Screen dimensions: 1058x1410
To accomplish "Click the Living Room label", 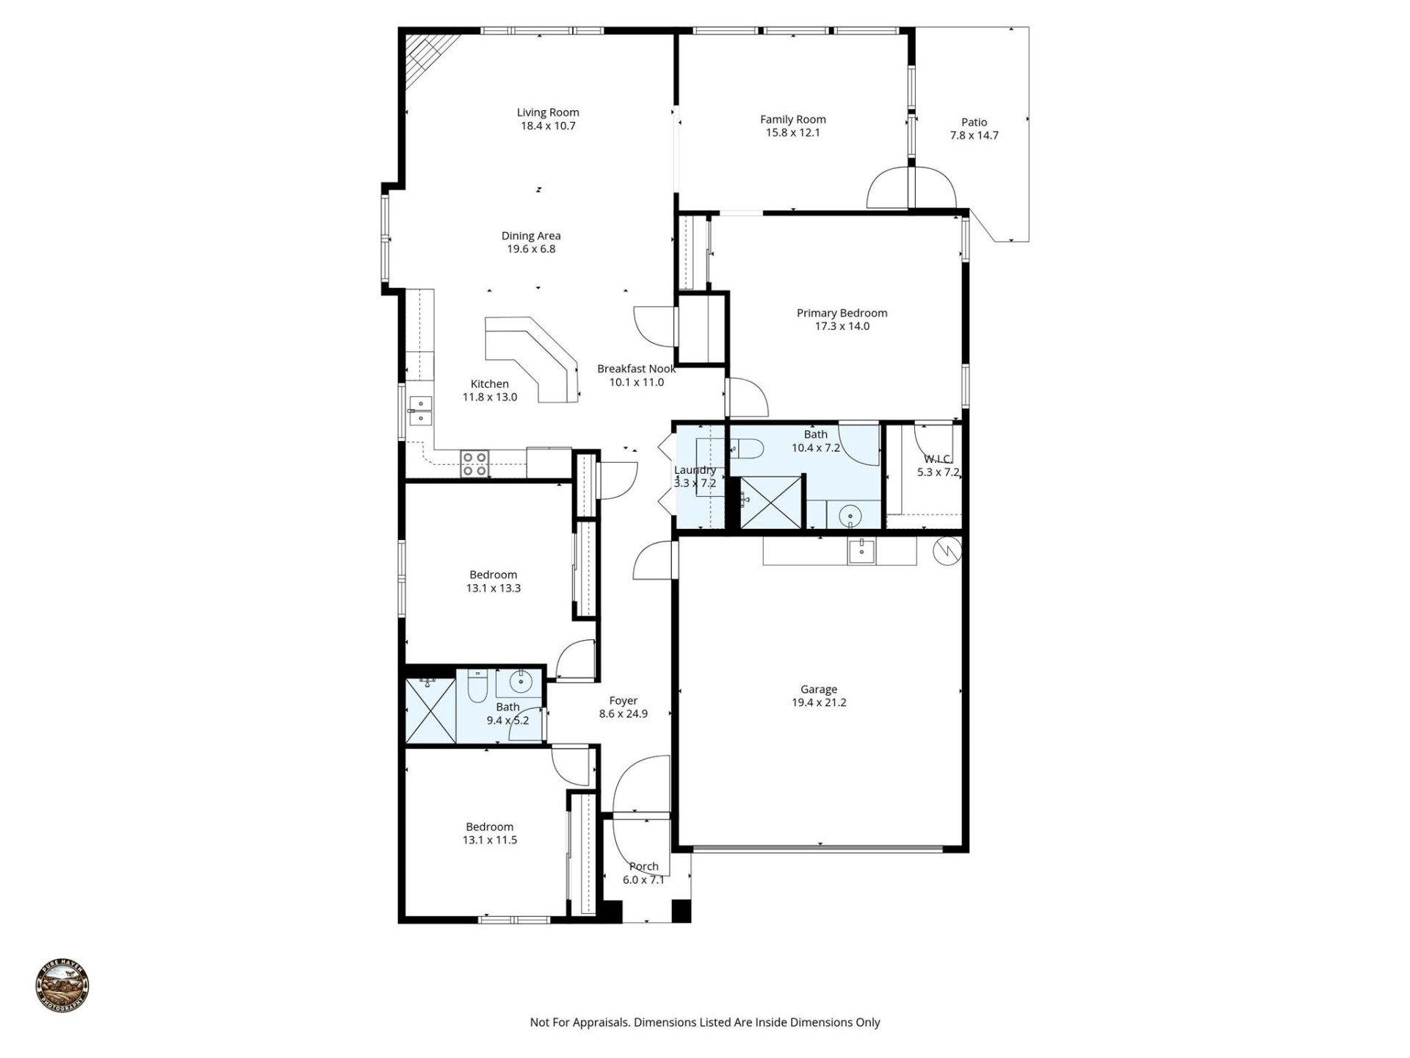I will [x=548, y=112].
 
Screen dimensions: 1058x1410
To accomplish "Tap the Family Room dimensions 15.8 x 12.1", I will [x=792, y=133].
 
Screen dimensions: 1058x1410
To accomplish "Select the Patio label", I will [x=974, y=122].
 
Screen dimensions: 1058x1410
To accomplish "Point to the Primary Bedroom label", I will [x=842, y=313].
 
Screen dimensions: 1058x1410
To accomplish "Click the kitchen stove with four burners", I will [x=474, y=464].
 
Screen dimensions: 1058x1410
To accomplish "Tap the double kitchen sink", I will [x=421, y=410].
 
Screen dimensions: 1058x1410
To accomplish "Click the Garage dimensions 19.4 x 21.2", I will [x=818, y=702].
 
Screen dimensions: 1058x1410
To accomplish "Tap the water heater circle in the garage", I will [x=947, y=550].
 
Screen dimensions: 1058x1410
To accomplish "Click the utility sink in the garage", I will [x=861, y=550].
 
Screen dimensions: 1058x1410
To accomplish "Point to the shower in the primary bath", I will [x=770, y=502].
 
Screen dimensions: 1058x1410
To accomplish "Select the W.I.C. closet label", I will [x=937, y=459].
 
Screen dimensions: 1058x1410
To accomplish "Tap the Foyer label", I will [x=623, y=701].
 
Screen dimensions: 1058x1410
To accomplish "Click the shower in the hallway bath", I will [x=430, y=710].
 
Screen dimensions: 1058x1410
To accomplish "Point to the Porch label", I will [x=643, y=866].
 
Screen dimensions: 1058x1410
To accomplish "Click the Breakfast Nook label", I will [x=636, y=369].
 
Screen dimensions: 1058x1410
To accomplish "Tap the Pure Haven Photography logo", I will [x=62, y=986].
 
